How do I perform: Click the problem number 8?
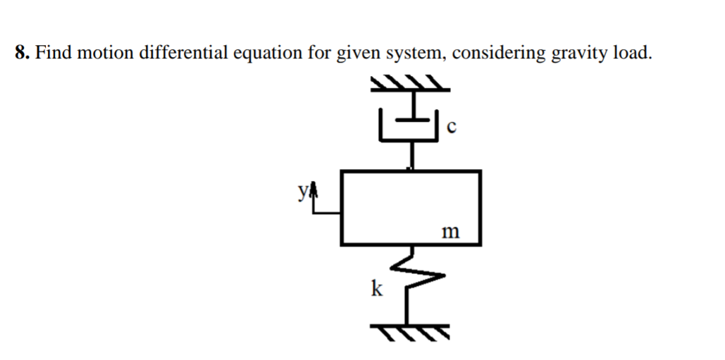click(x=20, y=53)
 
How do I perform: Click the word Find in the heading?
click(x=50, y=53)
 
